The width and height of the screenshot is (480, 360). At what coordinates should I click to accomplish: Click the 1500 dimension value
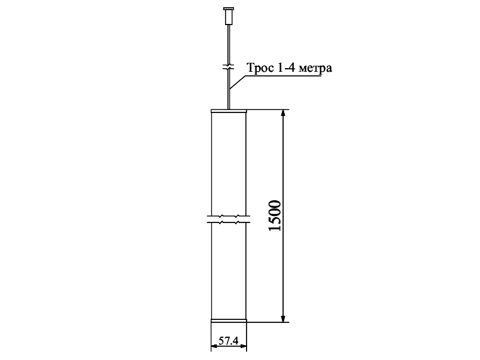pyautogui.click(x=274, y=216)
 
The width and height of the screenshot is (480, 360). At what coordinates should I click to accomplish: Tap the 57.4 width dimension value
pyautogui.click(x=229, y=340)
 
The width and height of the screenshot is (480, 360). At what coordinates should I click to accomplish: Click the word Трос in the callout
pyautogui.click(x=260, y=68)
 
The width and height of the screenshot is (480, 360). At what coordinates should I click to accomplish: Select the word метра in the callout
pyautogui.click(x=315, y=68)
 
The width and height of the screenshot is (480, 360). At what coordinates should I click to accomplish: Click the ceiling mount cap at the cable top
pyautogui.click(x=229, y=16)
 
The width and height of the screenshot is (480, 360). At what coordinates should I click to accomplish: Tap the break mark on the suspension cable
pyautogui.click(x=229, y=67)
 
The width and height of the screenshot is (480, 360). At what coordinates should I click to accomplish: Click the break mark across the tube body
pyautogui.click(x=229, y=219)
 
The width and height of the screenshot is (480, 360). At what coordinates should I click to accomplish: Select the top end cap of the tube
pyautogui.click(x=229, y=111)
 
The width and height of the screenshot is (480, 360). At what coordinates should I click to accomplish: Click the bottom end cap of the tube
pyautogui.click(x=229, y=321)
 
